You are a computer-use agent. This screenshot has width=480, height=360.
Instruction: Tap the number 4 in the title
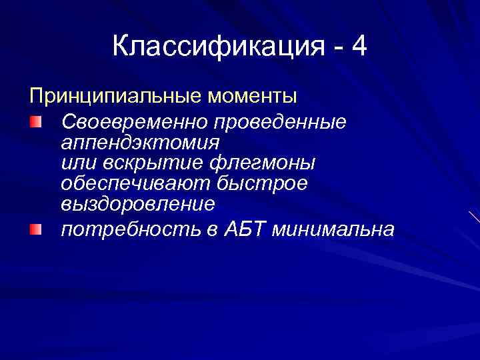click(x=359, y=47)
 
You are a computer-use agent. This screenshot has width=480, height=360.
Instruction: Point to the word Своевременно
click(x=133, y=123)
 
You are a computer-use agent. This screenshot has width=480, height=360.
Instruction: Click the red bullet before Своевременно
click(x=35, y=122)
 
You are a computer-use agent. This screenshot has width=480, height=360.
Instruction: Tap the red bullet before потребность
click(x=35, y=229)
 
